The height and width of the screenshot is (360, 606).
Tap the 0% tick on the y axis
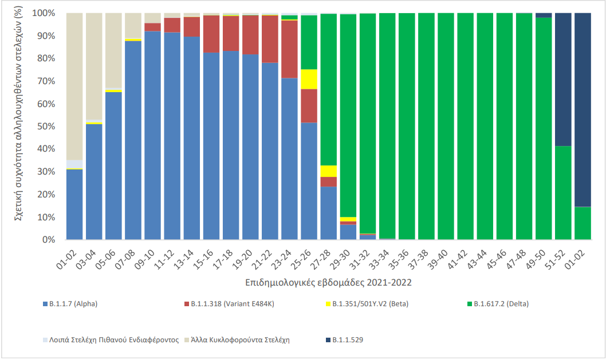[x=50, y=240]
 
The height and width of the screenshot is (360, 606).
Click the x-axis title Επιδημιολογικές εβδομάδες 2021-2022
[x=328, y=283]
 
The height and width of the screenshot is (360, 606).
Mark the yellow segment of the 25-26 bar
[x=309, y=79]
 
